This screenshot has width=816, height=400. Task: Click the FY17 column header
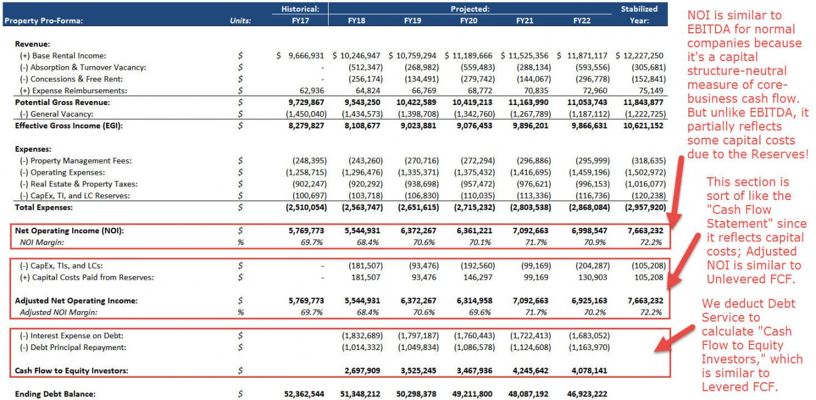click(x=300, y=21)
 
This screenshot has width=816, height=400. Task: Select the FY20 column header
click(x=468, y=21)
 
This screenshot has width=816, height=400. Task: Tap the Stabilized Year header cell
click(x=639, y=15)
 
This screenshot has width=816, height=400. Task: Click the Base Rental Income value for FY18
click(x=356, y=56)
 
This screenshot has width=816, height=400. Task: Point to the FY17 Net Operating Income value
click(x=305, y=231)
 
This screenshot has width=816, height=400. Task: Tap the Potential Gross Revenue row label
click(x=62, y=102)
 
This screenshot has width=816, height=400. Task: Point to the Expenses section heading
click(x=33, y=149)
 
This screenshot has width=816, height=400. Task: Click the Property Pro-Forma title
click(x=43, y=21)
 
